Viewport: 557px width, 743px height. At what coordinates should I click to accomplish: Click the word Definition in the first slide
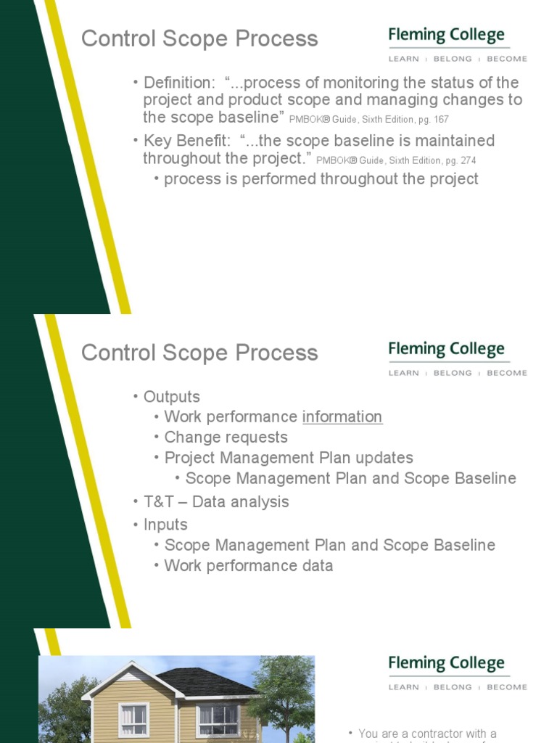pos(174,83)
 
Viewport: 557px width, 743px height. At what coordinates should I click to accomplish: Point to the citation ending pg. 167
pos(374,120)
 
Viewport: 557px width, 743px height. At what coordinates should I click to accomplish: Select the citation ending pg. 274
pos(396,160)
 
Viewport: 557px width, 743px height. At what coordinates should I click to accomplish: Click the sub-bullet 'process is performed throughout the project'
pos(321,179)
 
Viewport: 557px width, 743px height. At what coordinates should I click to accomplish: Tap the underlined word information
pos(342,417)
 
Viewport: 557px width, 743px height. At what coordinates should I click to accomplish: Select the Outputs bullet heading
pos(171,397)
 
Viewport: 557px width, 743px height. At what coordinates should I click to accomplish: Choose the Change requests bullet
pos(226,438)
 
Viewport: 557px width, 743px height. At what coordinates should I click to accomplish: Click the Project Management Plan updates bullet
pos(289,458)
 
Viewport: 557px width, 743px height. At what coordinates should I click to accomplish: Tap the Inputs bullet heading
pos(165,525)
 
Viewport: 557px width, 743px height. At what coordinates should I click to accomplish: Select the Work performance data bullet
pos(248,566)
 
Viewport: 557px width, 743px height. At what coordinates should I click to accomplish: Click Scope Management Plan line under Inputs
pos(329,545)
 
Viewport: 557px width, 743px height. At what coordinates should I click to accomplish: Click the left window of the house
pos(133,719)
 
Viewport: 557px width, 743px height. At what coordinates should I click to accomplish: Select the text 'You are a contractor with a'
pos(427,734)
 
